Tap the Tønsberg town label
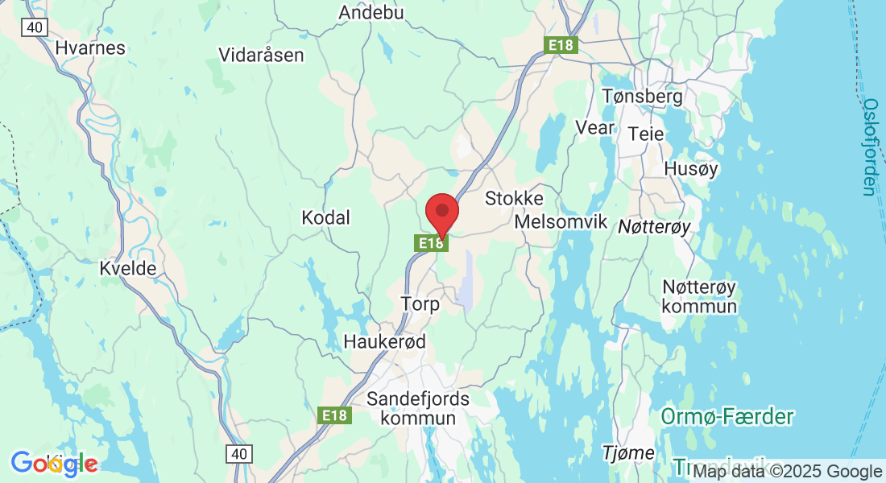pyautogui.click(x=642, y=97)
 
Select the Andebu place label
pyautogui.click(x=371, y=12)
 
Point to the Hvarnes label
pyautogui.click(x=90, y=47)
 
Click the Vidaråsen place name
pyautogui.click(x=261, y=55)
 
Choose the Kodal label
pyautogui.click(x=325, y=217)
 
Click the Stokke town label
pyautogui.click(x=514, y=198)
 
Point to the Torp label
pyautogui.click(x=420, y=304)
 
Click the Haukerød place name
pyautogui.click(x=384, y=342)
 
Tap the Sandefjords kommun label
pyautogui.click(x=418, y=408)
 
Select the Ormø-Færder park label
pyautogui.click(x=727, y=417)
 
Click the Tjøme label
pyautogui.click(x=628, y=453)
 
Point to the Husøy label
pyautogui.click(x=690, y=169)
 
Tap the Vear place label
pyautogui.click(x=595, y=127)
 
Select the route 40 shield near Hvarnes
pyautogui.click(x=34, y=27)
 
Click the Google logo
pyautogui.click(x=54, y=463)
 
